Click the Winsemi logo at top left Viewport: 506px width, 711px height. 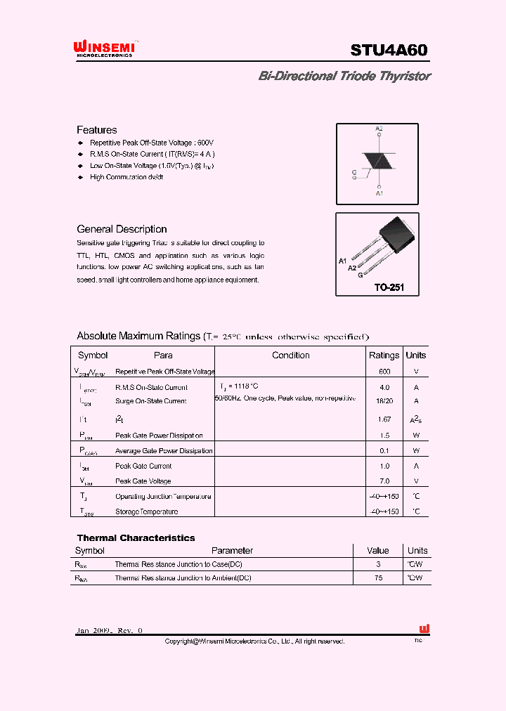(x=104, y=48)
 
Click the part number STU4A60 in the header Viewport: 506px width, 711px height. (x=389, y=50)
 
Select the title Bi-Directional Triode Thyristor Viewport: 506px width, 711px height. (x=344, y=76)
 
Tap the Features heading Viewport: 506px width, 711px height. (x=97, y=130)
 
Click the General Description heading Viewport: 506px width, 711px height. (x=122, y=229)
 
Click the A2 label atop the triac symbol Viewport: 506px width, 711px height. (x=379, y=129)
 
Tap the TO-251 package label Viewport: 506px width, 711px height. (x=389, y=287)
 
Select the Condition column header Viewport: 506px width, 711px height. (x=290, y=355)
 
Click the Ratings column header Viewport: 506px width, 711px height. (x=384, y=355)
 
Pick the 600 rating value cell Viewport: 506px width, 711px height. (x=384, y=371)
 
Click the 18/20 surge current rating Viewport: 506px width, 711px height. (x=384, y=400)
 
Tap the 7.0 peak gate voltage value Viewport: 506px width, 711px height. (x=384, y=481)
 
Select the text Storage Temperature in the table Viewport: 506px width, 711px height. (x=146, y=511)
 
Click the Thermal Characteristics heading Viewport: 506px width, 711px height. (x=136, y=538)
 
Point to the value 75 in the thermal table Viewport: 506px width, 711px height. (x=378, y=578)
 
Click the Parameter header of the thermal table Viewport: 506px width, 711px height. (x=232, y=551)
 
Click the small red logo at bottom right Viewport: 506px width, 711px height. (x=424, y=630)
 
